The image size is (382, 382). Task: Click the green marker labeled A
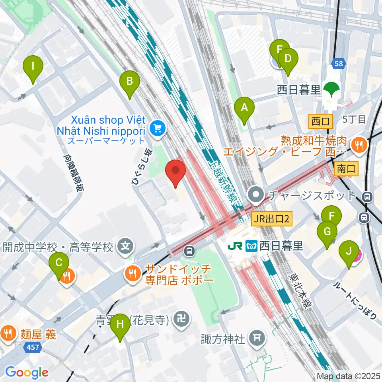coord(245,108)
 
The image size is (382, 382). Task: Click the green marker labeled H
coord(120,326)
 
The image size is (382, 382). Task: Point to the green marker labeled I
coord(33,68)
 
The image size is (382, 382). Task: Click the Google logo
coord(27,372)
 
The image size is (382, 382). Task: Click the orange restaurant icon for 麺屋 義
coord(8,331)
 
